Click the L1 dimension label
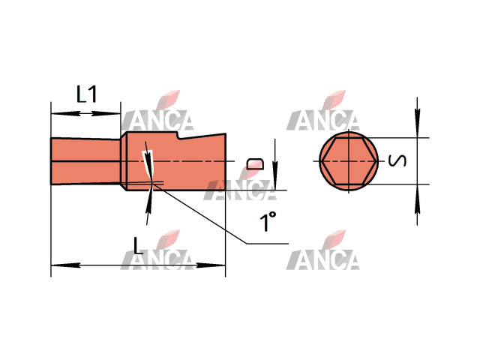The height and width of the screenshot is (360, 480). (87, 94)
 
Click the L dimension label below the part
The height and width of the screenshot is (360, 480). (138, 246)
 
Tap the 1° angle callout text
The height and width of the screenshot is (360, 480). (268, 221)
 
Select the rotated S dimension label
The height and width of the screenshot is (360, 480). (397, 160)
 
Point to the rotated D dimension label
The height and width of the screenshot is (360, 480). (255, 163)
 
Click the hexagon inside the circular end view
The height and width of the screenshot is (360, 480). (349, 161)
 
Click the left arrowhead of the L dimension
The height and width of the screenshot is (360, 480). (65, 265)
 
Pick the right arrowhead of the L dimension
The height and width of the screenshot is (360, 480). (211, 265)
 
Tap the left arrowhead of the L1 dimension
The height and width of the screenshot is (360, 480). (65, 113)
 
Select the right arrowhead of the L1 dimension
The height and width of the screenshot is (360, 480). (106, 113)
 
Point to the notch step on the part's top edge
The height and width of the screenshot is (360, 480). (178, 136)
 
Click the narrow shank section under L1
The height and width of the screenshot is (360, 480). (85, 161)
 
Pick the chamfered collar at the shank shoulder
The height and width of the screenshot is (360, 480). (124, 161)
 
